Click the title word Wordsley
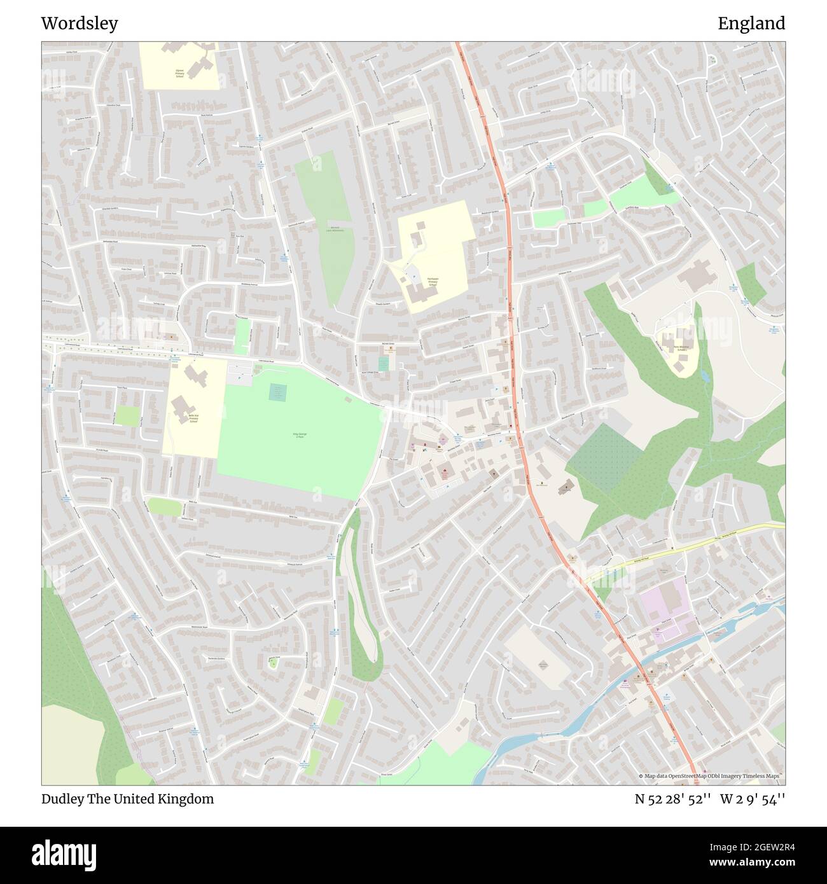click(x=80, y=24)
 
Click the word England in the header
click(x=751, y=24)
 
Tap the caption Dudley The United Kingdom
click(x=127, y=799)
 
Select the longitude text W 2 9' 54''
click(x=753, y=799)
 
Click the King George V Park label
click(x=300, y=436)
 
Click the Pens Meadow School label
click(x=676, y=348)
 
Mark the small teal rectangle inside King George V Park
click(x=277, y=392)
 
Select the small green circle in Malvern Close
click(x=274, y=663)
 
